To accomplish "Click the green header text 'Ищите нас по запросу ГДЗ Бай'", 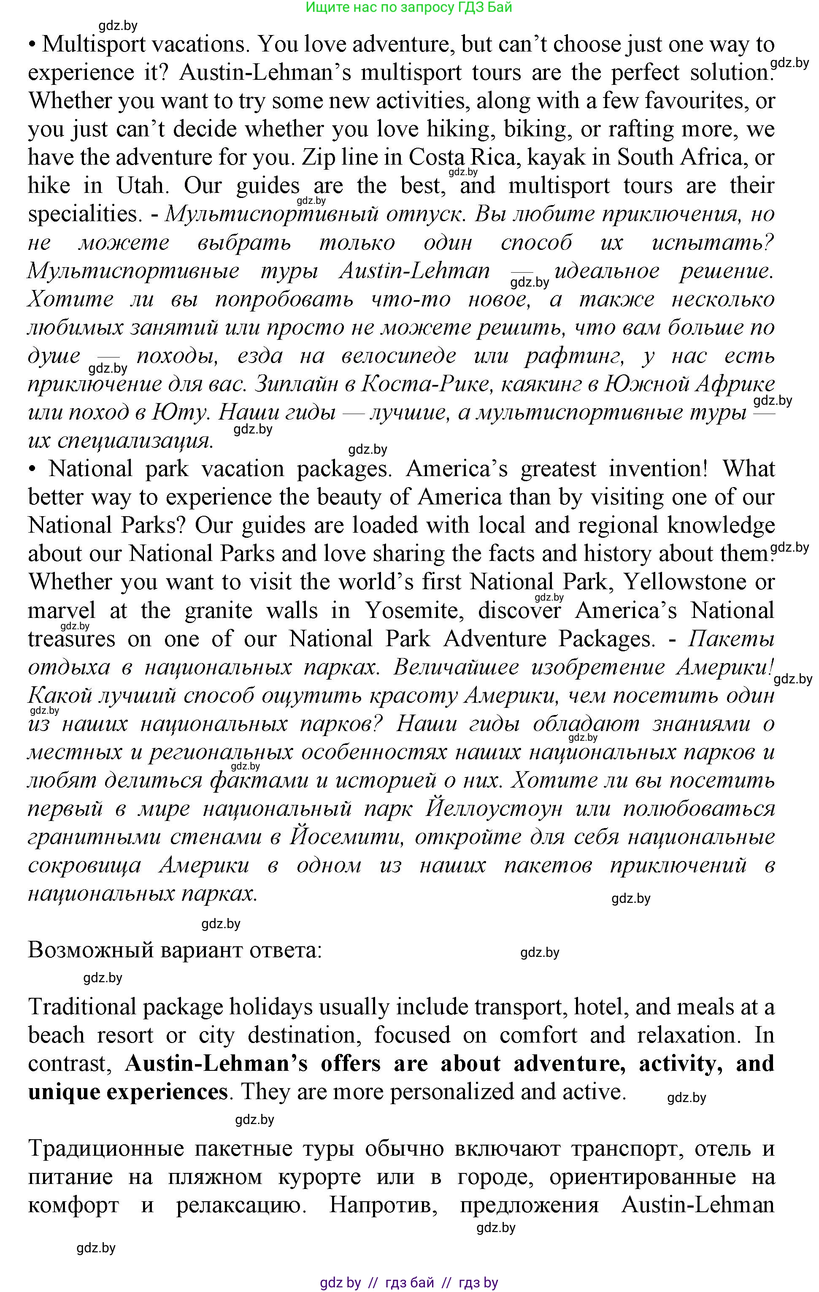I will click(409, 8).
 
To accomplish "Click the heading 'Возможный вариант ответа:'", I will click(175, 950).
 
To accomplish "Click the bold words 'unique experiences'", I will click(128, 1092).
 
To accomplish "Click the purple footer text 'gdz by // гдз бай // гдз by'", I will click(409, 1283).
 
